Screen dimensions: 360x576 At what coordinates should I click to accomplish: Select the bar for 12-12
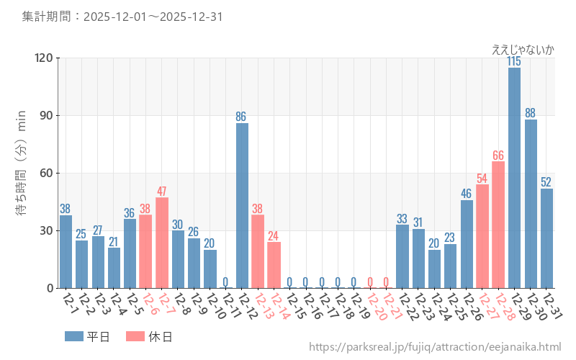pyautogui.click(x=242, y=205)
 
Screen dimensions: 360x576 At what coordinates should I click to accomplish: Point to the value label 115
pyautogui.click(x=514, y=62)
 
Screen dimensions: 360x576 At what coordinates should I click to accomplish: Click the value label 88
pyautogui.click(x=531, y=113)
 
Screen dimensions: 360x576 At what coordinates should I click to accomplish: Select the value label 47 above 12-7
pyautogui.click(x=162, y=192)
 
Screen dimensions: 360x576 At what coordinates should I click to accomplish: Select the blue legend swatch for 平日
pyautogui.click(x=73, y=336)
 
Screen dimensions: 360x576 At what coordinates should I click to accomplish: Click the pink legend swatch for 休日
pyautogui.click(x=135, y=336)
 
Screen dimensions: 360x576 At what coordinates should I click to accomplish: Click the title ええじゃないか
pyautogui.click(x=523, y=50)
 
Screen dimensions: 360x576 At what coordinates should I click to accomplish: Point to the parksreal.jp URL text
pyautogui.click(x=435, y=347)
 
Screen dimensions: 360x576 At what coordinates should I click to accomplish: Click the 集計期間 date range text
pyautogui.click(x=122, y=16)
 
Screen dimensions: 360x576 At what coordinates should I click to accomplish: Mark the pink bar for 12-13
pyautogui.click(x=258, y=251)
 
